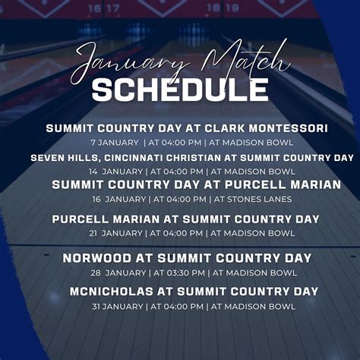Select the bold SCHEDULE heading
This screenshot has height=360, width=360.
click(x=180, y=90)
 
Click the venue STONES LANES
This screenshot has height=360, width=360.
click(x=250, y=199)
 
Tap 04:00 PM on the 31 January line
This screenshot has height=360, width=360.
click(x=178, y=306)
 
